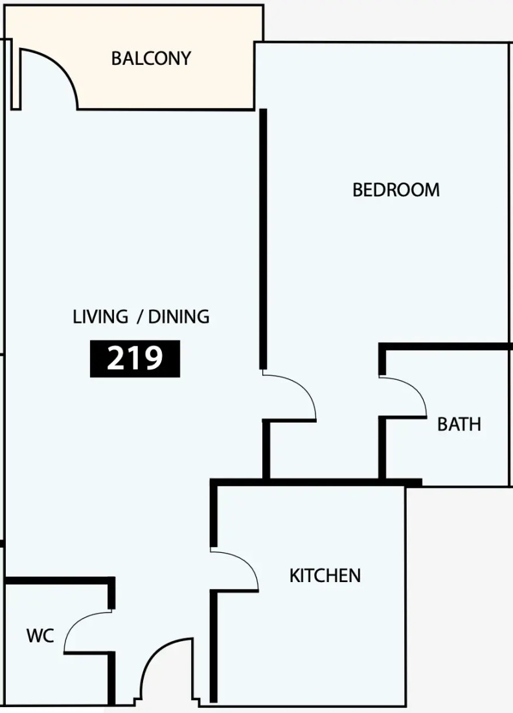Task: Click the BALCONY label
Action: click(x=152, y=58)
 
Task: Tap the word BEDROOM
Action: click(x=396, y=190)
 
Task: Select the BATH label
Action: click(x=459, y=425)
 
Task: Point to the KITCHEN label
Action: click(x=325, y=576)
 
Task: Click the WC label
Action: click(x=40, y=636)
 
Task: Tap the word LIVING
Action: click(x=100, y=316)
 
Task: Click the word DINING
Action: click(x=179, y=316)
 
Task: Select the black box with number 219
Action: click(x=135, y=359)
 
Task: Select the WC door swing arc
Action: click(x=75, y=624)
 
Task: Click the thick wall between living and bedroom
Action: click(x=263, y=239)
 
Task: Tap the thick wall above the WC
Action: click(x=59, y=581)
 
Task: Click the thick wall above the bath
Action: click(x=445, y=347)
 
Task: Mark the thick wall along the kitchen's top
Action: click(x=316, y=482)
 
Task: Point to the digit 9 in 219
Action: click(x=153, y=358)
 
